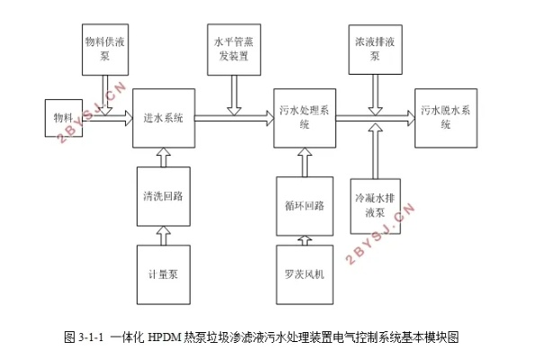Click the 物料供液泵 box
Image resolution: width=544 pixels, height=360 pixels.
[105, 49]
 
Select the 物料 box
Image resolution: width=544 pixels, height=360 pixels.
[64, 118]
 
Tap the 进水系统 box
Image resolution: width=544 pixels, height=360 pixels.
[164, 118]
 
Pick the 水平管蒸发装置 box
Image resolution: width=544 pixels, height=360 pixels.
[234, 49]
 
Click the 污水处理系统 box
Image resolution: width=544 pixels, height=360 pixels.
[305, 118]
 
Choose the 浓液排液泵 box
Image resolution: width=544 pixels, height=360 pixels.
[375, 49]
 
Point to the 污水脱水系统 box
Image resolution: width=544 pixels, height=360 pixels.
[446, 118]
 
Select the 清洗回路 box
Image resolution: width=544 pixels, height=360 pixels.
[164, 196]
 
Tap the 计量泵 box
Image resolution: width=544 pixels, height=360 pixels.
[164, 274]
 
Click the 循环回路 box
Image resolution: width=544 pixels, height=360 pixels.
[305, 206]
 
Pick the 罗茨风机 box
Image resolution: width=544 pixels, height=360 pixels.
[305, 274]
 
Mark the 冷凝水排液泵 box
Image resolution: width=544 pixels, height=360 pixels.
[375, 206]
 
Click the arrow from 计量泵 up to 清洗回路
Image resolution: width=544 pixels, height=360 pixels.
[164, 236]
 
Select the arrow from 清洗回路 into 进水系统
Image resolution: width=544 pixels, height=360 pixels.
[164, 157]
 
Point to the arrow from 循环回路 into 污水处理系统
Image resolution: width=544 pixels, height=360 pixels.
[305, 163]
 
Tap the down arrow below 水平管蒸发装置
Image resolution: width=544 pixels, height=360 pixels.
[234, 95]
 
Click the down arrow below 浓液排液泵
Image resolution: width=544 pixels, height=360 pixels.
[375, 95]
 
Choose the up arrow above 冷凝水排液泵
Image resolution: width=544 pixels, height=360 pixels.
[375, 151]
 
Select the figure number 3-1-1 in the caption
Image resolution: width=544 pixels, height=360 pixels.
[91, 337]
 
